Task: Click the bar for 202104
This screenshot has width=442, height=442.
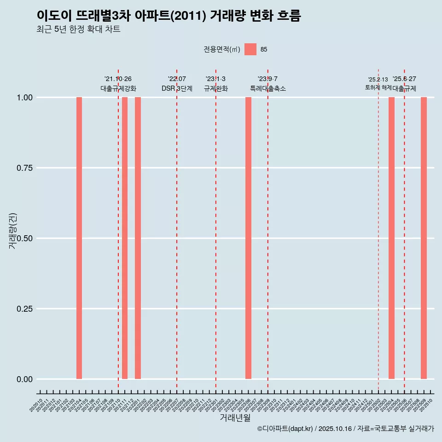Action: pyautogui.click(x=79, y=238)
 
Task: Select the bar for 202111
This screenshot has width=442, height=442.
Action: pyautogui.click(x=125, y=238)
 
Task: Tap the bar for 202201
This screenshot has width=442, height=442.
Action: pyautogui.click(x=138, y=238)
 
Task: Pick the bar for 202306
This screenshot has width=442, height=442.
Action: pyautogui.click(x=248, y=238)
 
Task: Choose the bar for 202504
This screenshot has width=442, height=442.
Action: pyautogui.click(x=391, y=238)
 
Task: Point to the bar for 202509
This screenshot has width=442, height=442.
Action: pyautogui.click(x=424, y=238)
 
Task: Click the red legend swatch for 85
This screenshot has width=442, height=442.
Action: pyautogui.click(x=250, y=49)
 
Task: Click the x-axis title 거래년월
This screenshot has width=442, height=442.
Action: pyautogui.click(x=235, y=418)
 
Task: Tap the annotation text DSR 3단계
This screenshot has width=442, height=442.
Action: pyautogui.click(x=177, y=88)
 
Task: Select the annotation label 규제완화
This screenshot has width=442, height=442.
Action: pyautogui.click(x=216, y=88)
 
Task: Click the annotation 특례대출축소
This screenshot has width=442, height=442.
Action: pyautogui.click(x=268, y=88)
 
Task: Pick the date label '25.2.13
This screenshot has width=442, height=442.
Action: pyautogui.click(x=378, y=80)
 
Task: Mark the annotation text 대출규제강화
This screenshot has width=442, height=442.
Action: pyautogui.click(x=118, y=88)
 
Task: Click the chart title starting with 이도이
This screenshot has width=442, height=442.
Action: pyautogui.click(x=169, y=16)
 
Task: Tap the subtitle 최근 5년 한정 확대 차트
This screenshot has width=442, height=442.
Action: pyautogui.click(x=78, y=29)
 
